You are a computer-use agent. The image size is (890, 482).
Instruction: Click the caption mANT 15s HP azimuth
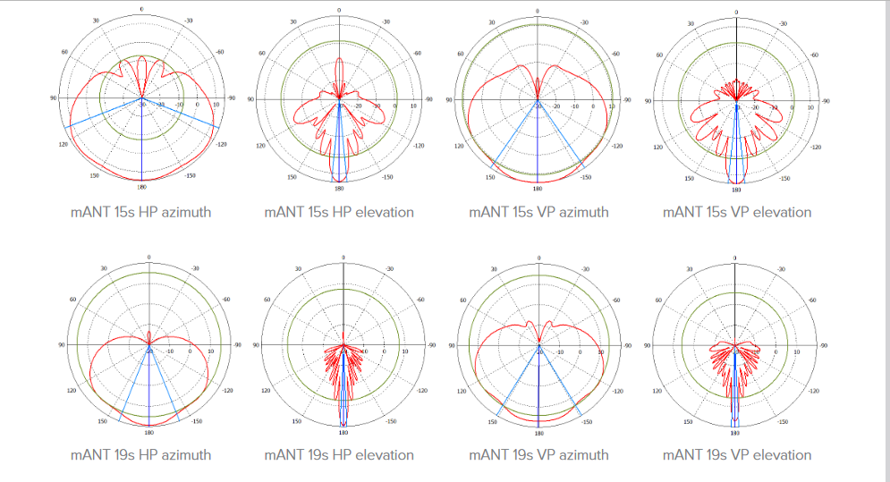pos(141,212)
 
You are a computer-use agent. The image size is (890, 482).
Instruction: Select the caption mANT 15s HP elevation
pos(339,212)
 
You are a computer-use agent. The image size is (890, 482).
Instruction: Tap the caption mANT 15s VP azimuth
pos(538,212)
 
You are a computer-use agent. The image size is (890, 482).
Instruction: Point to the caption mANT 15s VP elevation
pos(737,212)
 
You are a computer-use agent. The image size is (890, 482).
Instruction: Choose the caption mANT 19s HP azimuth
pos(141,454)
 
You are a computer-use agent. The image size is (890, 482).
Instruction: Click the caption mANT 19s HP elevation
pos(339,454)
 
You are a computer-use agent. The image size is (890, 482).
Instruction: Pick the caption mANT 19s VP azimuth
pos(538,454)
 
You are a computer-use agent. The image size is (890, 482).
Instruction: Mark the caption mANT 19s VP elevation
pos(737,454)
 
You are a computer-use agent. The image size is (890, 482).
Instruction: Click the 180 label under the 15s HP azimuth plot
pos(141,187)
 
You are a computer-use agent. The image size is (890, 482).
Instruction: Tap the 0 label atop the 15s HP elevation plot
pos(340,9)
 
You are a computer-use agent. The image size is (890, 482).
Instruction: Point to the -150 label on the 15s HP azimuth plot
pos(190,175)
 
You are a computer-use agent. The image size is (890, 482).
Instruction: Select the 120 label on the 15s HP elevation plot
pos(261,146)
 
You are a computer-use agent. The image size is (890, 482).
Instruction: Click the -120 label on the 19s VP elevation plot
pos(813,391)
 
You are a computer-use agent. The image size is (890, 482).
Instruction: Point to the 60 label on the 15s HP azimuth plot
pos(64,53)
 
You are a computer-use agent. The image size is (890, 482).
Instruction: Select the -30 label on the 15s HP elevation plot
pos(386,21)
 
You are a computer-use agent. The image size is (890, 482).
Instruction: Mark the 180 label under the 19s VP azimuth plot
pos(538,433)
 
